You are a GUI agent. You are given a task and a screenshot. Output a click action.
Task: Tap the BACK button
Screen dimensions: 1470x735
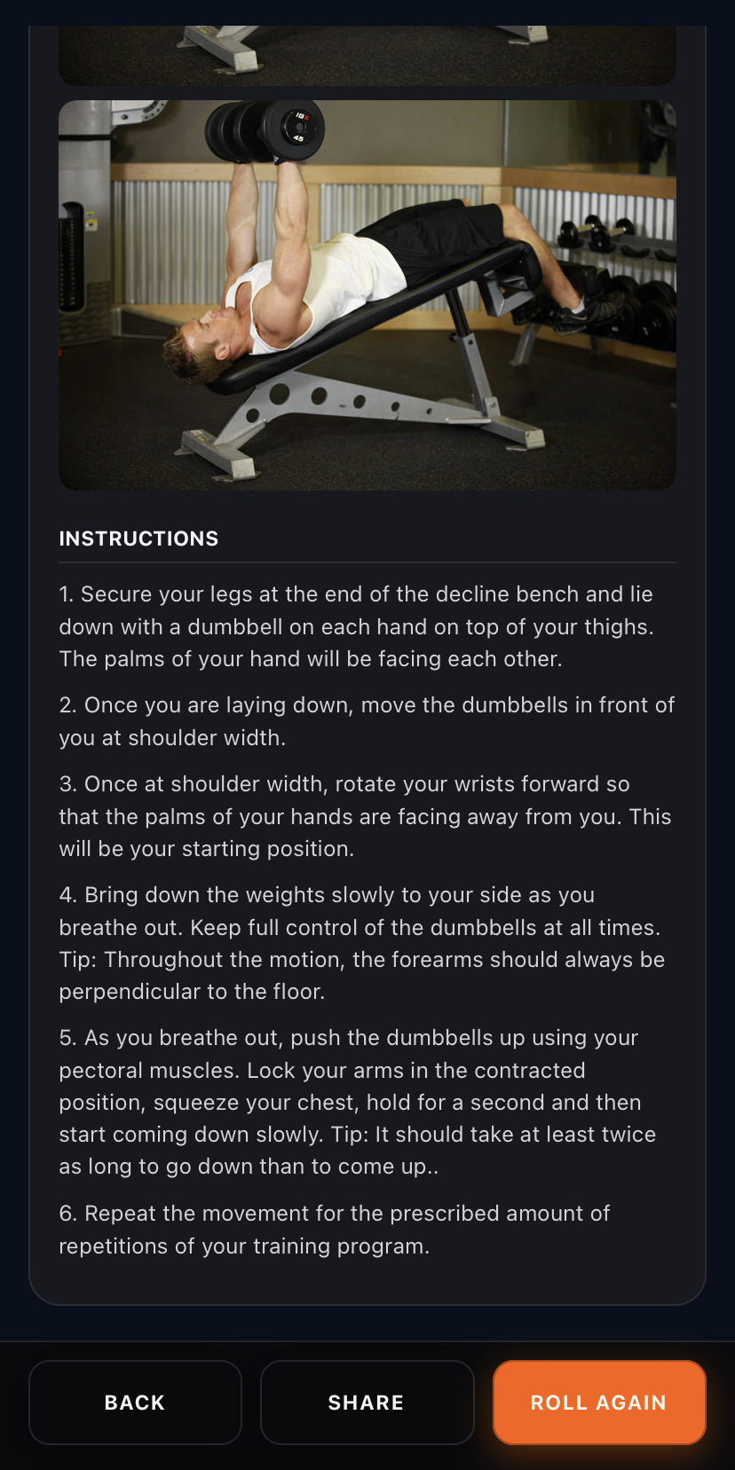[x=135, y=1403]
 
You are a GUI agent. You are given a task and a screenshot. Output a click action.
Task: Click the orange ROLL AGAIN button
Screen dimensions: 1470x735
[x=599, y=1403]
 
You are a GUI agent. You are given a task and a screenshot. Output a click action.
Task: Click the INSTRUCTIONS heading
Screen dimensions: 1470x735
[x=138, y=538]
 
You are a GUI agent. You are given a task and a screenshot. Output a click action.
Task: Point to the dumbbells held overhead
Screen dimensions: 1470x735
[x=265, y=131]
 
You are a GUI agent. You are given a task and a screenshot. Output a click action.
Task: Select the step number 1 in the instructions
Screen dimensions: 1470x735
[x=65, y=594]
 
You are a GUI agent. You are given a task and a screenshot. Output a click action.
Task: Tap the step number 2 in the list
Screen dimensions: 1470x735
[x=67, y=705]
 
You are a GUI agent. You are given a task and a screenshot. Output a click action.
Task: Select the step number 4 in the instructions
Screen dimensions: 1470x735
[x=67, y=895]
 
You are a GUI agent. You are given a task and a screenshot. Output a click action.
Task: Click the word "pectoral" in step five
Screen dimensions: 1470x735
[x=100, y=1071]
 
